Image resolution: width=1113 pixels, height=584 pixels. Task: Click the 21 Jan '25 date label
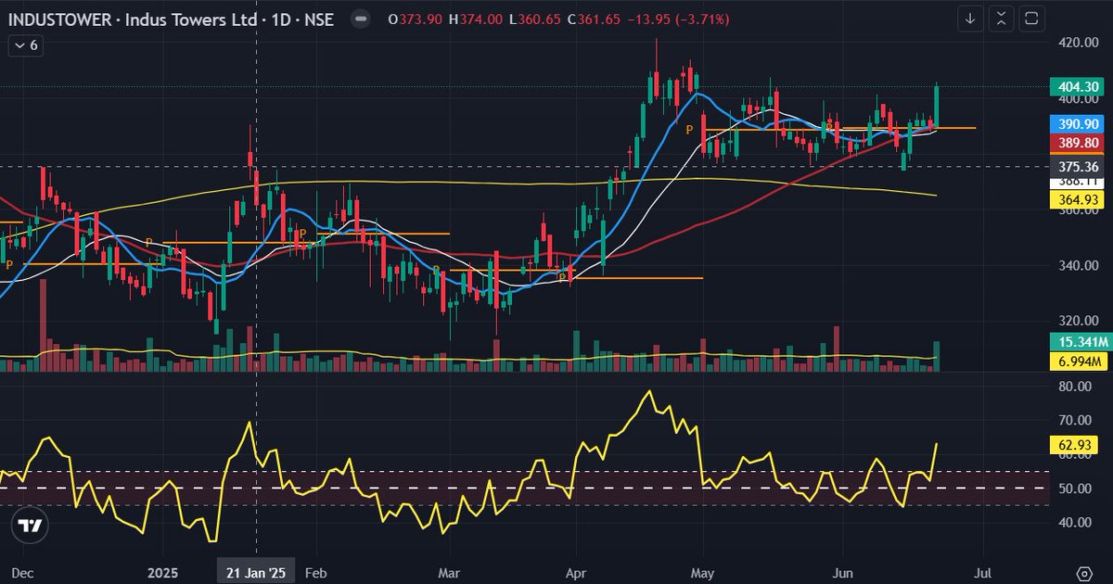255,573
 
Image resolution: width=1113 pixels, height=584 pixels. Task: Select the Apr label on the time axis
577,573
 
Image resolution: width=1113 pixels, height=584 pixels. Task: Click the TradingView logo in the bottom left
30,527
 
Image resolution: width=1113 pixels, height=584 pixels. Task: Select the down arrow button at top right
970,19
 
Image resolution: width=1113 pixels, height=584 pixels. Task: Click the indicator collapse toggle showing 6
26,44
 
